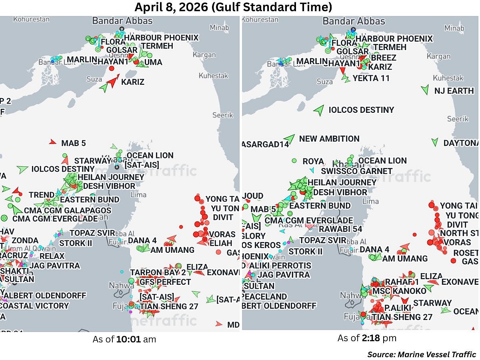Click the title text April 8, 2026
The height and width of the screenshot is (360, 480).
[233, 7]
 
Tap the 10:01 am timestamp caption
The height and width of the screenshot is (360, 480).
[124, 340]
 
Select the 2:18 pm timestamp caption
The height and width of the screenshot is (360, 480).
[367, 338]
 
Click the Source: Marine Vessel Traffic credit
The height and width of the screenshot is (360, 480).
[422, 354]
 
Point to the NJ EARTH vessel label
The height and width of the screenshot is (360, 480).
[454, 91]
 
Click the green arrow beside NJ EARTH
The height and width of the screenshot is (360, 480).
[425, 90]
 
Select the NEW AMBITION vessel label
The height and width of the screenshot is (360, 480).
[329, 139]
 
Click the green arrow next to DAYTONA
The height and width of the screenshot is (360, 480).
[435, 142]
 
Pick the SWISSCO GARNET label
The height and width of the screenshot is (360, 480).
[357, 171]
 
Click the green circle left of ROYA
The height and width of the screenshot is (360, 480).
[294, 161]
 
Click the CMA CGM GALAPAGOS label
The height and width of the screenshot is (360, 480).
[68, 210]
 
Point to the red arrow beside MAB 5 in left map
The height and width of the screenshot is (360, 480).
[52, 142]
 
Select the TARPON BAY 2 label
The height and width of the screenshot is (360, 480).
[158, 273]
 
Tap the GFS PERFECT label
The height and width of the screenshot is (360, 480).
[165, 282]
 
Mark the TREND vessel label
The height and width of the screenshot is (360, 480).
[42, 195]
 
